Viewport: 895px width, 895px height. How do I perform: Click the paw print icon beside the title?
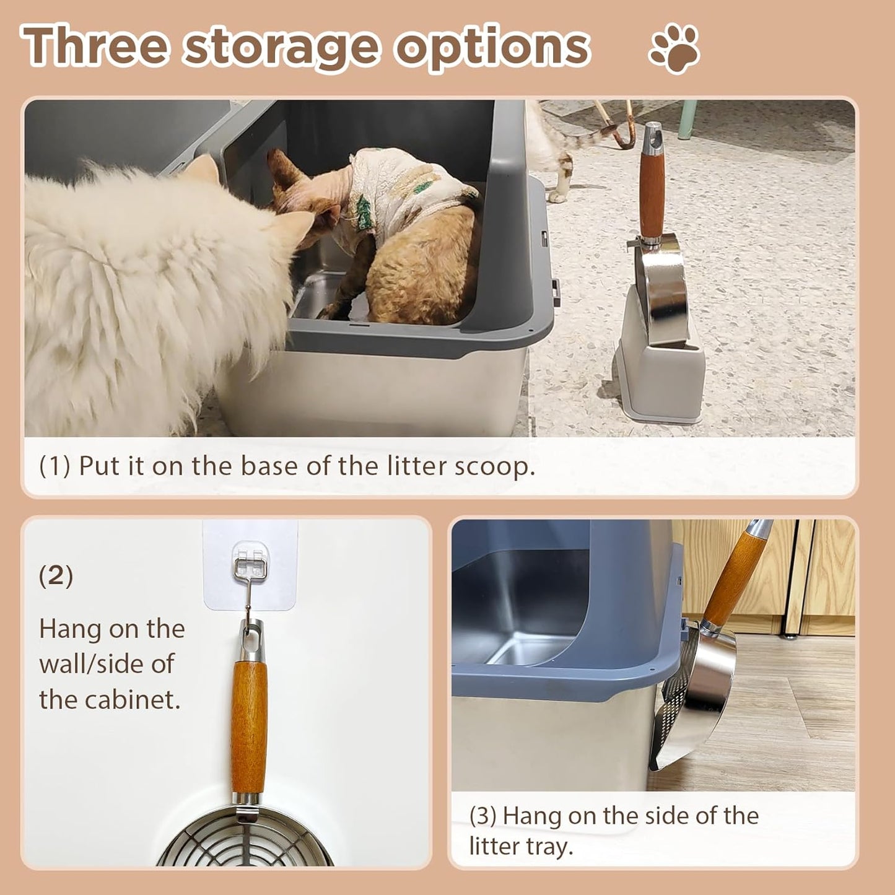(674, 48)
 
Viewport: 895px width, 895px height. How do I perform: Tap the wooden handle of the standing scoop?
(652, 192)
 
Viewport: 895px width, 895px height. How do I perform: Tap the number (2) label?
(56, 575)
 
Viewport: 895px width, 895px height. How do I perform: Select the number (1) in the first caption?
(55, 466)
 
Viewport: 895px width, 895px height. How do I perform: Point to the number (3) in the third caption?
(482, 816)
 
